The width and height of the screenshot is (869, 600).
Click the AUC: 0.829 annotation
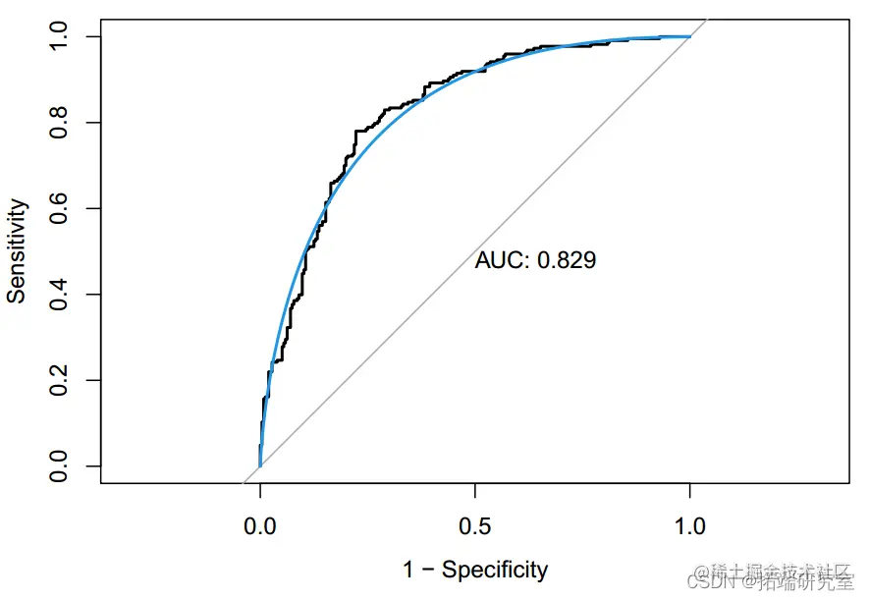[x=535, y=260]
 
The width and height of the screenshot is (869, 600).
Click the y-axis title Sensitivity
[x=17, y=251]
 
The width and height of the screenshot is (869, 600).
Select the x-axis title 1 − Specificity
[x=475, y=569]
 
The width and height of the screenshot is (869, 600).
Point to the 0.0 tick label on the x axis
[x=260, y=526]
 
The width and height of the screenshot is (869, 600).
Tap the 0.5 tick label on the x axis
[x=475, y=526]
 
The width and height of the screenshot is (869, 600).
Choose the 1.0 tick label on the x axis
[x=690, y=526]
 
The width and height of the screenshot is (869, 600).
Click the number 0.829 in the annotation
[x=567, y=260]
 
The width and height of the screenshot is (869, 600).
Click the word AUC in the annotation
[x=498, y=260]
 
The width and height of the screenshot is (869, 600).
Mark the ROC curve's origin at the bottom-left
[x=260, y=465]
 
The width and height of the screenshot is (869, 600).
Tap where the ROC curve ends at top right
[x=689, y=37]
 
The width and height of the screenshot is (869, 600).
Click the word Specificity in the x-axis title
[x=495, y=569]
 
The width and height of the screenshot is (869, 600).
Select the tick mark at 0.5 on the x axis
[x=475, y=489]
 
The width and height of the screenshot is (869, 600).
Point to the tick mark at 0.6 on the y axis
[x=95, y=208]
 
